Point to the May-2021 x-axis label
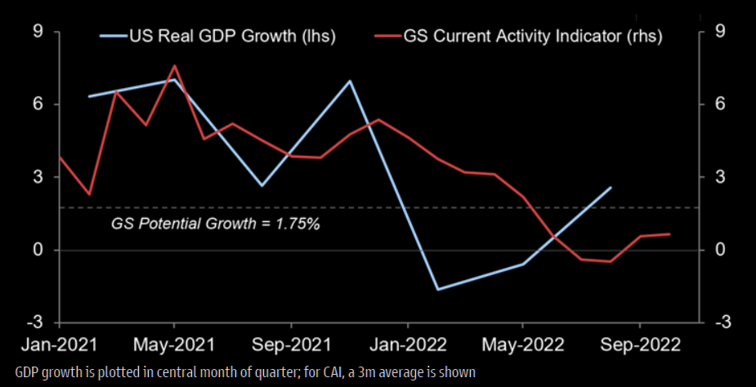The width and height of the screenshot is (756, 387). coord(174,344)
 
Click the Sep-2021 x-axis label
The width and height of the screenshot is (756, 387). coord(291,344)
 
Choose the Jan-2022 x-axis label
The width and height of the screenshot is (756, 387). coord(407,344)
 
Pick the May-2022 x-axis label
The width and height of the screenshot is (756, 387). coord(524,344)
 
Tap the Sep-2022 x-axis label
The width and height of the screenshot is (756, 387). coord(640,344)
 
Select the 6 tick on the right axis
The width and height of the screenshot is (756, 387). coord(719,105)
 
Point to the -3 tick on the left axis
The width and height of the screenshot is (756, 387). coord(34,322)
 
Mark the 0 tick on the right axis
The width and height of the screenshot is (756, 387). coord(719,250)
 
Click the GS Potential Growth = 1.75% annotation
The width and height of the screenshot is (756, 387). coord(215,222)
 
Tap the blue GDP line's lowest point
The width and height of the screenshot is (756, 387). coord(438,289)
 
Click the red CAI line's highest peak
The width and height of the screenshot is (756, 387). coord(175,65)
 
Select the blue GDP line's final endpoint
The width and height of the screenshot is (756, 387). coord(611,187)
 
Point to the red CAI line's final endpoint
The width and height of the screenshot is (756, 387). coord(670,234)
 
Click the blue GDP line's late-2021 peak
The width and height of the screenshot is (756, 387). coord(350,81)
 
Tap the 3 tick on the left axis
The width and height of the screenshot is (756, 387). coord(38,177)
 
